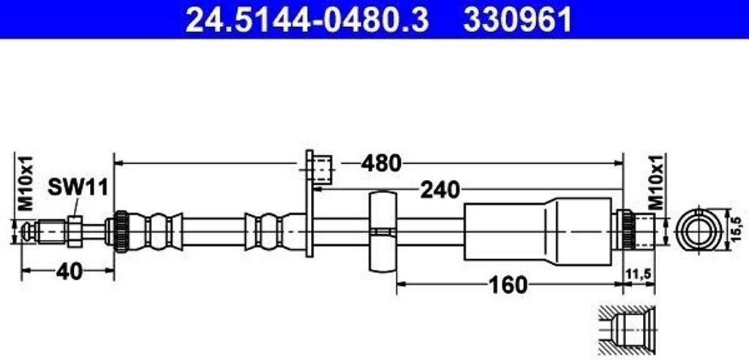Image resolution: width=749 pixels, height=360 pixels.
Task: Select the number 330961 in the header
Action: pyautogui.click(x=518, y=20)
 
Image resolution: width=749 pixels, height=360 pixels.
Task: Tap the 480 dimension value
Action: pyautogui.click(x=380, y=162)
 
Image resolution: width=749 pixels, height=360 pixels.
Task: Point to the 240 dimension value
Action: pyautogui.click(x=439, y=190)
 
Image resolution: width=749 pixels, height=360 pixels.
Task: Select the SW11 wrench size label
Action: pyautogui.click(x=78, y=187)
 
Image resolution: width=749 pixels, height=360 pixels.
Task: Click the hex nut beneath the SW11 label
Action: pyautogui.click(x=75, y=230)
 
